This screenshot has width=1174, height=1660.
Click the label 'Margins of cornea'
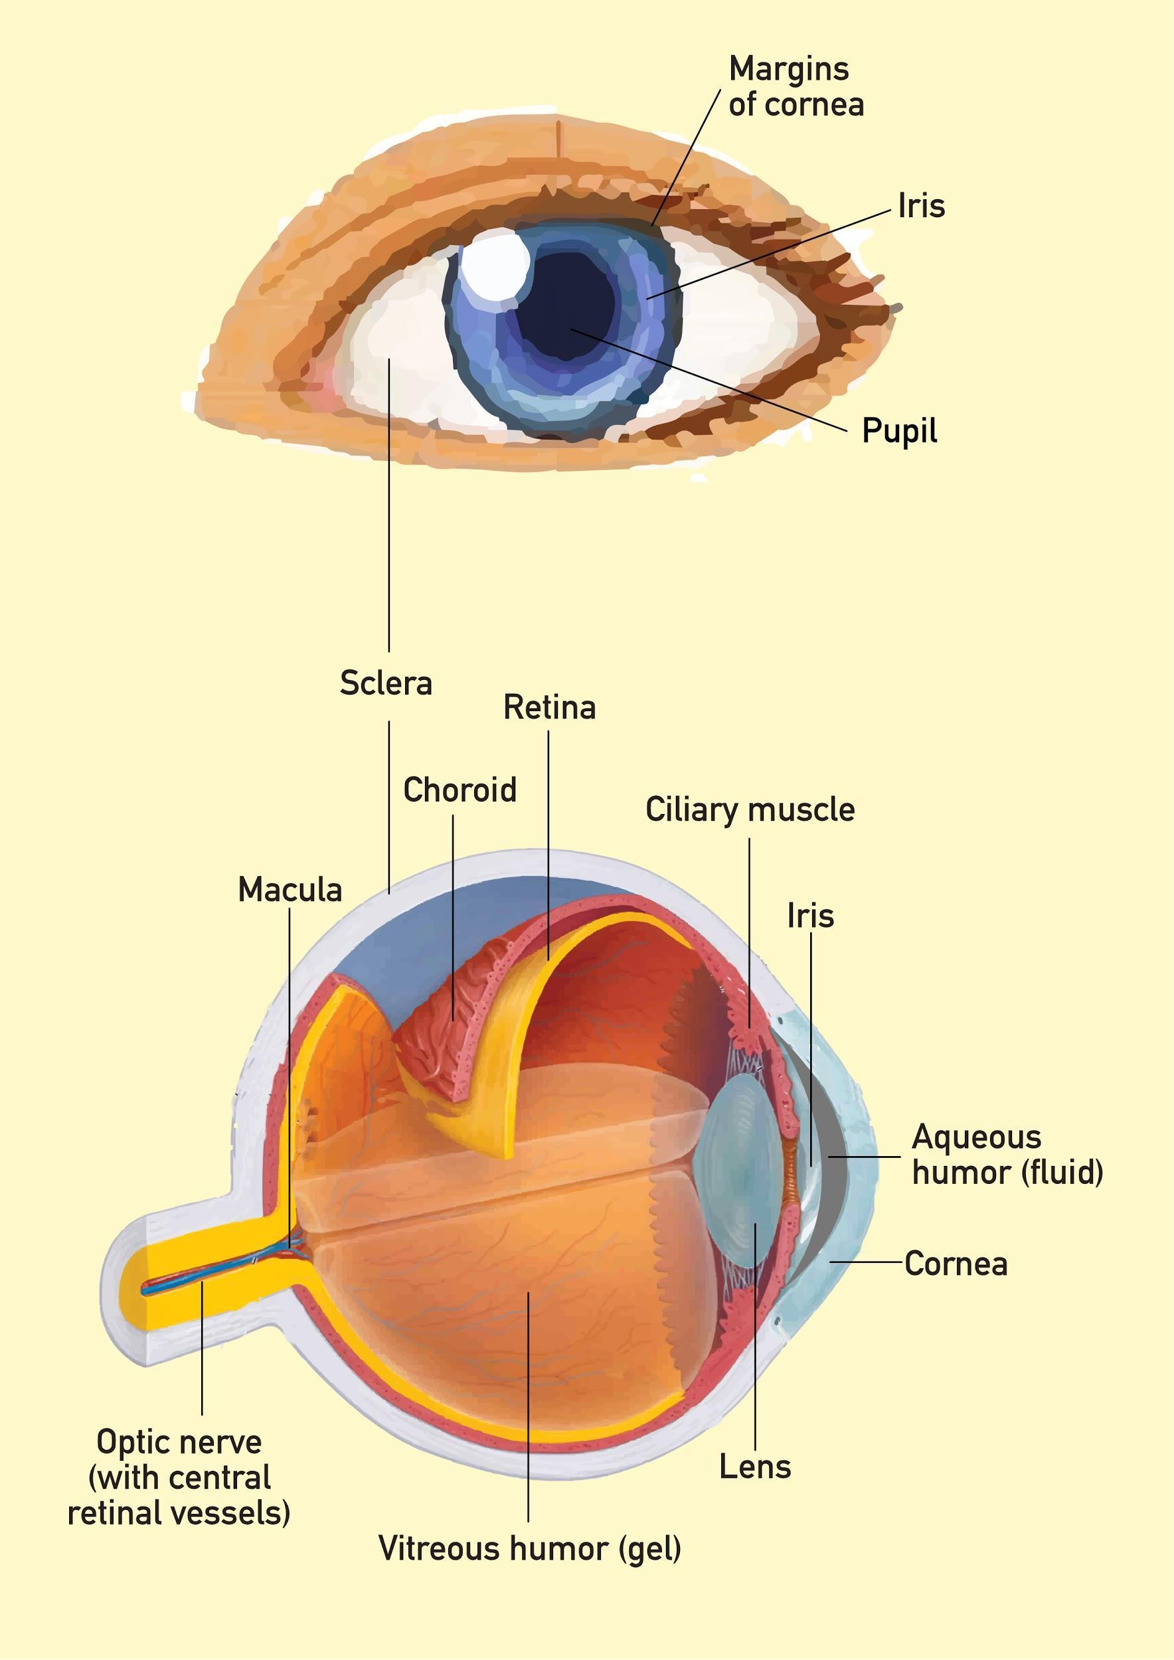tap(796, 86)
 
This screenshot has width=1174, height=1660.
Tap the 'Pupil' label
tap(899, 431)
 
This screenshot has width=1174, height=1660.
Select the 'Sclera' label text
tap(386, 683)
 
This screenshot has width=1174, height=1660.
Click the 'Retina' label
tap(549, 707)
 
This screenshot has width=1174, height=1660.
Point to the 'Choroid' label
tap(460, 789)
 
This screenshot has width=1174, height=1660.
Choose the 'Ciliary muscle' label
tap(750, 810)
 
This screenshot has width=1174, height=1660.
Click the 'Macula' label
tap(290, 889)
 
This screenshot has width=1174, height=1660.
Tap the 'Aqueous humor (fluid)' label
tap(1007, 1155)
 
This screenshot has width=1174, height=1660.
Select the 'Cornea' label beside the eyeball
tap(956, 1264)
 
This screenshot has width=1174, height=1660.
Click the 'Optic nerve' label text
tap(179, 1442)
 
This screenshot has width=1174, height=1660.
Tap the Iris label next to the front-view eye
tap(922, 206)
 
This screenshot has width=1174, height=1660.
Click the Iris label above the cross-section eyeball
tap(810, 916)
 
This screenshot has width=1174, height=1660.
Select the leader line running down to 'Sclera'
tap(389, 506)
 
